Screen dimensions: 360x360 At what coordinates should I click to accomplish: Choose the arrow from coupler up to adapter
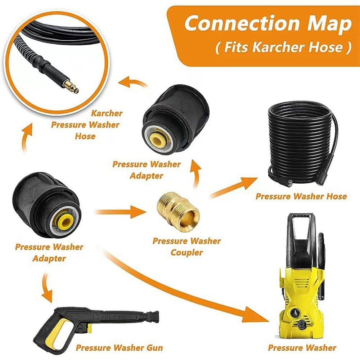click(196, 173)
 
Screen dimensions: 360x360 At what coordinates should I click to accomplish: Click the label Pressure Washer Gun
click(119, 348)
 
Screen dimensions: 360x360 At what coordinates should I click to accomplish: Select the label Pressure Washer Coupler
click(186, 247)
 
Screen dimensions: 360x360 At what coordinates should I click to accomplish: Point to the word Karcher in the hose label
click(107, 113)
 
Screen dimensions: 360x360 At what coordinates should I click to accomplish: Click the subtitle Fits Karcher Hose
click(283, 48)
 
